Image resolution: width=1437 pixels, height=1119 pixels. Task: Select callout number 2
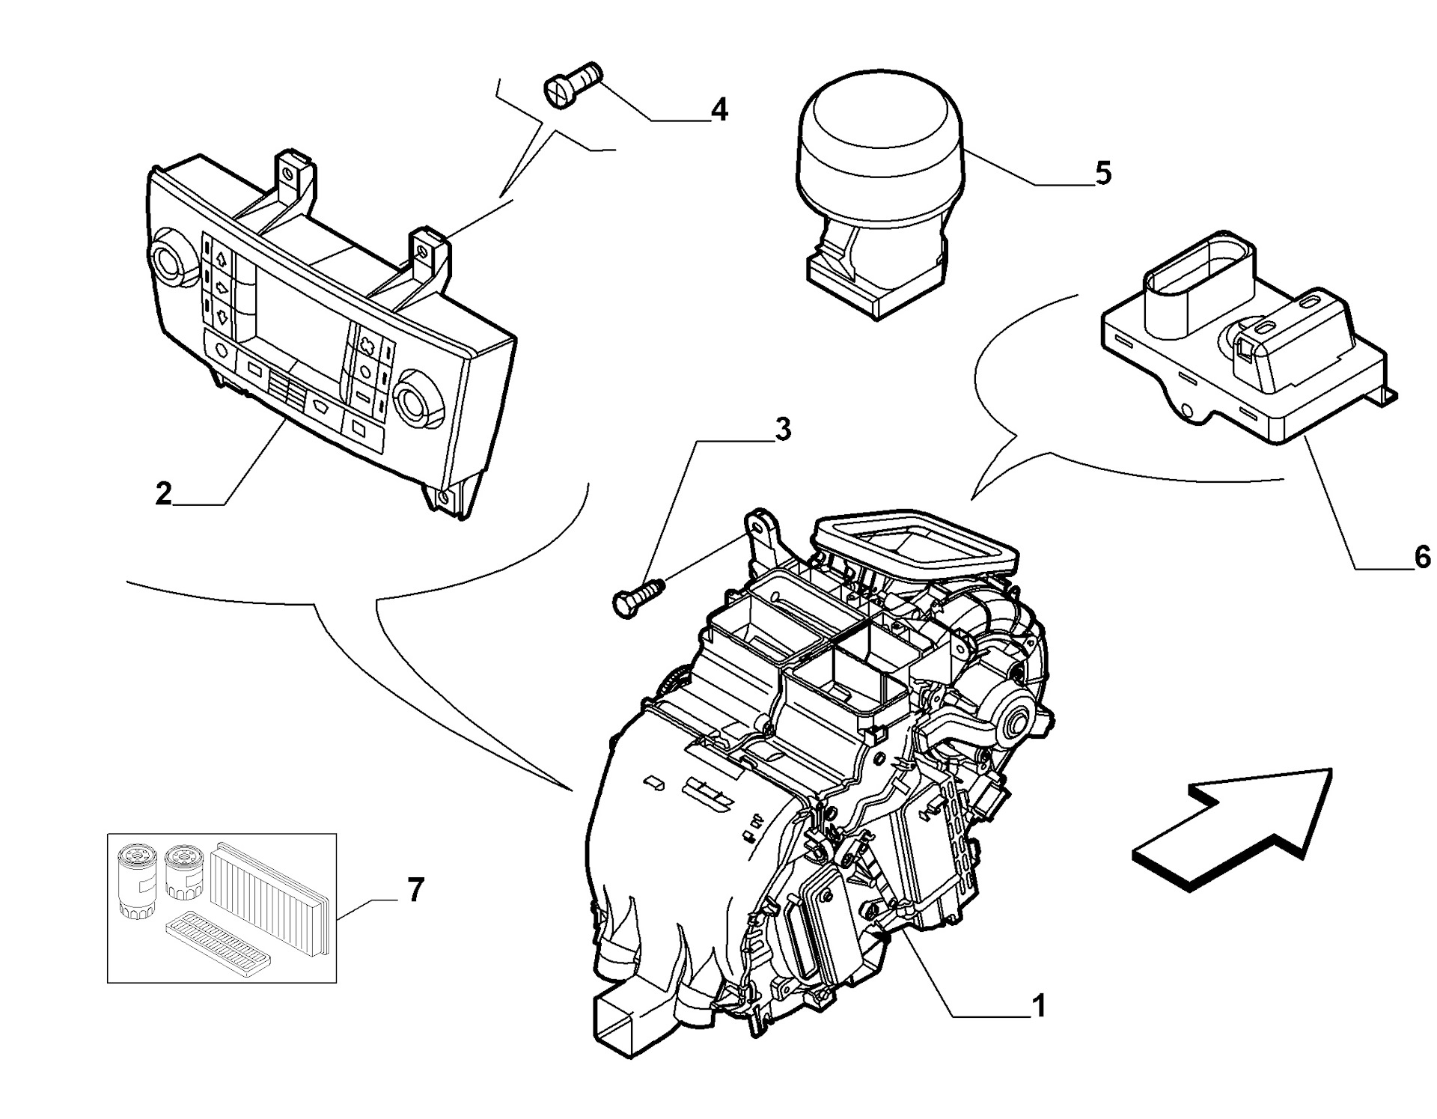(x=163, y=493)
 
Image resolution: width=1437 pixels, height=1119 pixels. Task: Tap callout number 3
(x=781, y=430)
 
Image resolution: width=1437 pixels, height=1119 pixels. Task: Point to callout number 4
(x=718, y=110)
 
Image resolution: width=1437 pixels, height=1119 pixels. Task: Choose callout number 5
(x=1103, y=173)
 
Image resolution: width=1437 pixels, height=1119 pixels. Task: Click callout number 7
(x=415, y=890)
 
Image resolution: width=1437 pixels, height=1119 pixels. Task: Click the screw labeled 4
(x=572, y=84)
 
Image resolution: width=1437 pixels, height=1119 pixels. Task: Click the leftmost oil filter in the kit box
(x=137, y=882)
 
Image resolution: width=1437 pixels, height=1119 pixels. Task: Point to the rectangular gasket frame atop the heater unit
(x=918, y=543)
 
